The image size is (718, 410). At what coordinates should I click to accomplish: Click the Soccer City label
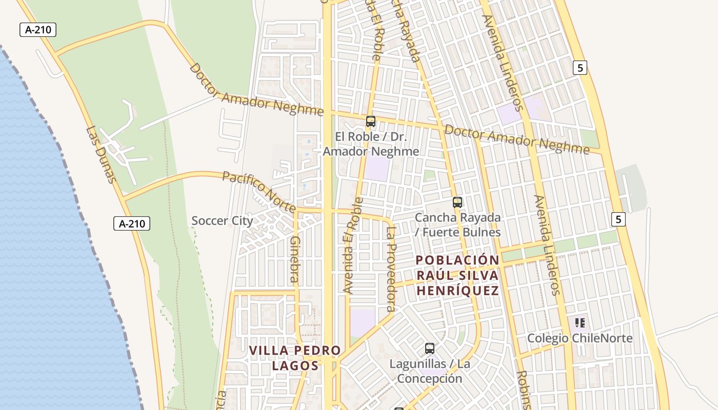point(222,221)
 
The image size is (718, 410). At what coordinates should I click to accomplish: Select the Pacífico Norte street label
point(259,191)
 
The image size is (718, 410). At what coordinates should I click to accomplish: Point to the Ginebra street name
point(294,259)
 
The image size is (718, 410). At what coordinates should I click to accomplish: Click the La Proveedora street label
point(391,270)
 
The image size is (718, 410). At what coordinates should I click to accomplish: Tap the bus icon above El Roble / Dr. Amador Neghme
point(370,121)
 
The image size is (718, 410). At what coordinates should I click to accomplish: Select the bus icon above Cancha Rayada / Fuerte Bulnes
point(457,202)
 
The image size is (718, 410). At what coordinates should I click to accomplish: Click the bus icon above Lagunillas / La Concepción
point(430,348)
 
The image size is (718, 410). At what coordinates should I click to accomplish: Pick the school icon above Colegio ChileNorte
point(580,323)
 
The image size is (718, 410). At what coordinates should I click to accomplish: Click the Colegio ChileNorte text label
point(580,338)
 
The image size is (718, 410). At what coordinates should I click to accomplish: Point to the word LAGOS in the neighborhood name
point(295,365)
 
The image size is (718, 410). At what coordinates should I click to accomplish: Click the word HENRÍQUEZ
point(457,291)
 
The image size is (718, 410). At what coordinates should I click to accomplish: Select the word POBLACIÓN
point(457,260)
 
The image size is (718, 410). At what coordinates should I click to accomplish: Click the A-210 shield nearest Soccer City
point(131,223)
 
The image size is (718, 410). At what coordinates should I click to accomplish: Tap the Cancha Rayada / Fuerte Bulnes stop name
point(457,224)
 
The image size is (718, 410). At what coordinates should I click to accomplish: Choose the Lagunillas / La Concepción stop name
point(430,371)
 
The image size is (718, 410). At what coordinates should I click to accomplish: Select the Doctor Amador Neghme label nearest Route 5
point(517,139)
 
